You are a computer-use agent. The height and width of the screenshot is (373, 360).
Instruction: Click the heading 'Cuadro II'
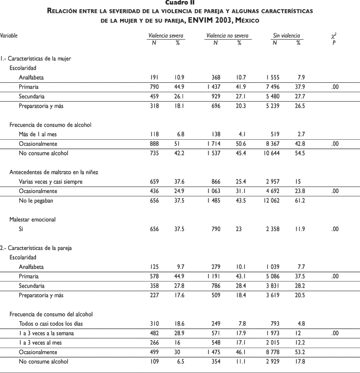click(180, 3)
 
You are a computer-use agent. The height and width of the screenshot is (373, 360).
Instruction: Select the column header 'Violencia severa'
click(166, 36)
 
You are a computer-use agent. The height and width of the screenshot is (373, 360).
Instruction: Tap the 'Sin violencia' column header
click(286, 36)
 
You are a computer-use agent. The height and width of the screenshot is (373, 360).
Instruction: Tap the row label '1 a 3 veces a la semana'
click(47, 333)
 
